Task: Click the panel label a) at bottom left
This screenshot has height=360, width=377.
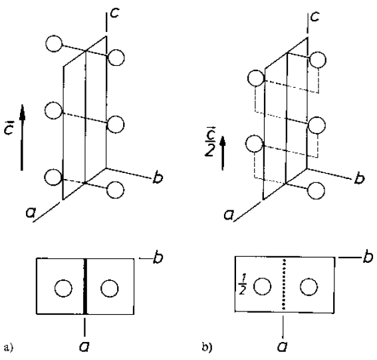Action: coord(9,347)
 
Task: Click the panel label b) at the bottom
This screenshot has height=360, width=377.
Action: coord(207,347)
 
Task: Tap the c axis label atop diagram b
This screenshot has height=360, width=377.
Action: coord(315,17)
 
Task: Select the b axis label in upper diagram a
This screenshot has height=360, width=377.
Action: coord(158,178)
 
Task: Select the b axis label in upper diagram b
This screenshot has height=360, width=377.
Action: coord(359,178)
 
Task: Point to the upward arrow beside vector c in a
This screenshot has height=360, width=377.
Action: coord(22,137)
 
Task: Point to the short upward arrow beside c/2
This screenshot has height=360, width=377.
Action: coord(223,153)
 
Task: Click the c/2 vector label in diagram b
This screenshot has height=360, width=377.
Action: coord(209,141)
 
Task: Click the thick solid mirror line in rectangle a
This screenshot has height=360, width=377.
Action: coord(85,286)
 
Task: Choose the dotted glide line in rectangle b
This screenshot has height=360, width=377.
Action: coord(284,284)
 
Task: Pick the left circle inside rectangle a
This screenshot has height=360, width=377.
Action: coord(63,288)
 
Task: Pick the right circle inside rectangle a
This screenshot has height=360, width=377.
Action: coord(110,288)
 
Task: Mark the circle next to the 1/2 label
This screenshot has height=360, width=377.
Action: coord(263,286)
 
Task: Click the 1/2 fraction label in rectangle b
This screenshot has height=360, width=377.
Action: coord(242,287)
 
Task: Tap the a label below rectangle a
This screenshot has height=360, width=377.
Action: coord(84,347)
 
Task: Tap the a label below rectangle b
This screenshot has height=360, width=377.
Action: coord(283,347)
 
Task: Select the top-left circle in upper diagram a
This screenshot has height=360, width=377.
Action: coord(54,43)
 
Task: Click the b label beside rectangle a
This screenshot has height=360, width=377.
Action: coord(158,258)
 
